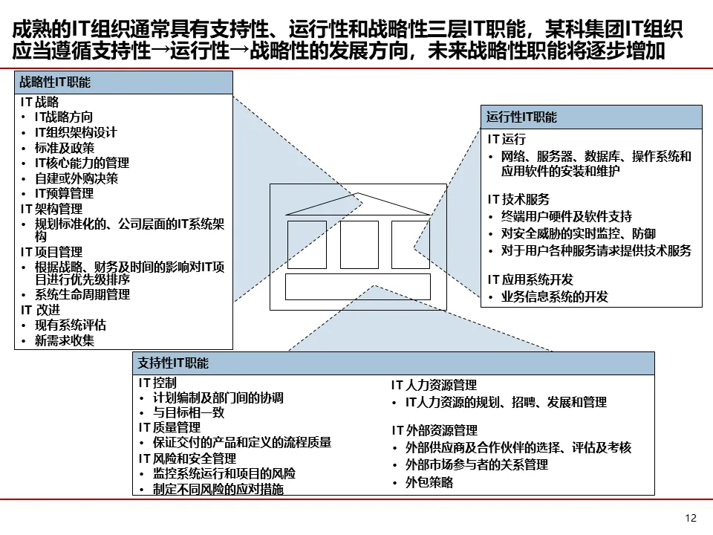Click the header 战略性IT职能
[x=56, y=82]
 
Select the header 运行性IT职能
[x=521, y=117]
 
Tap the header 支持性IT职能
[x=173, y=363]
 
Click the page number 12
[x=691, y=518]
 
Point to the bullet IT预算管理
[x=64, y=193]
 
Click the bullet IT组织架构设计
[x=76, y=132]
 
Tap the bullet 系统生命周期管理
[x=82, y=294]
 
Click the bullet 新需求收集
[x=64, y=341]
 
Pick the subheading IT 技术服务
[x=518, y=199]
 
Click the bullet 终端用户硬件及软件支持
[x=566, y=216]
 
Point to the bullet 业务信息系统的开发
[x=554, y=297]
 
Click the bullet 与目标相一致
[x=189, y=412]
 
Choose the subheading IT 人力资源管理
[x=434, y=386]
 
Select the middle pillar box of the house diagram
[x=359, y=244]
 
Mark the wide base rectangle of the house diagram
[x=358, y=287]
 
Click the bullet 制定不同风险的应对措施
[x=218, y=490]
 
